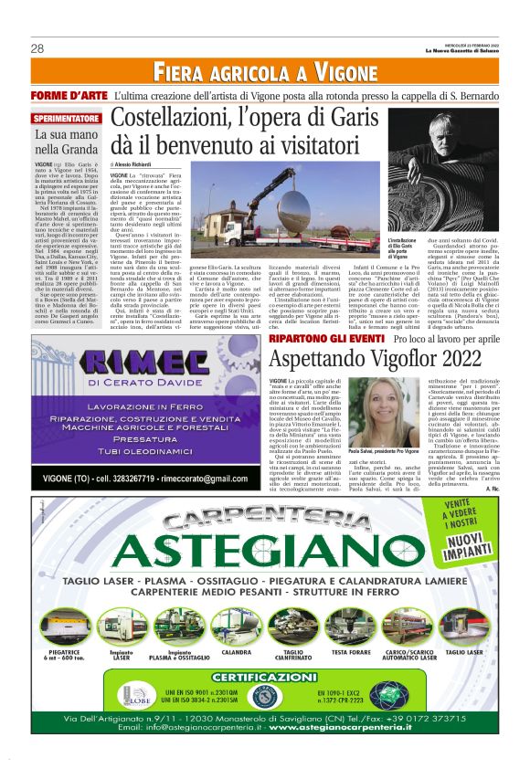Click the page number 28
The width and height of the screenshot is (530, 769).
tap(37, 48)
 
